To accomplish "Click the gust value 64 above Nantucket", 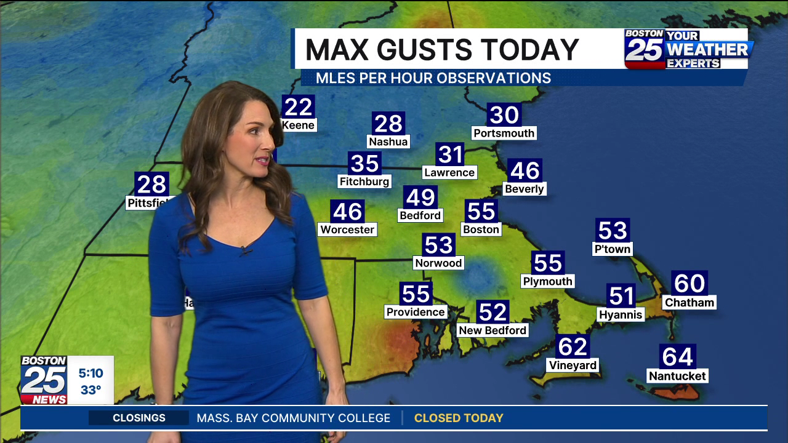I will click(677, 357).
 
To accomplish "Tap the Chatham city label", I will click(689, 303).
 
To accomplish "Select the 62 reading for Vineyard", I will click(573, 347).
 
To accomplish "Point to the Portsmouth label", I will click(504, 134).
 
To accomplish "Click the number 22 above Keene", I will click(299, 107).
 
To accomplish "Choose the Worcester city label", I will click(347, 229).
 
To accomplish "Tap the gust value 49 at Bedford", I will click(420, 198).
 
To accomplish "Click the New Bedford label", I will click(492, 330).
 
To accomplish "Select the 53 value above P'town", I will click(613, 231).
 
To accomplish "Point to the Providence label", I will click(416, 312).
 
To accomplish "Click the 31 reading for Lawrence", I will click(449, 154).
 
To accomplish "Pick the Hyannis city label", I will click(621, 314).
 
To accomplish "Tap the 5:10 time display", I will click(90, 373).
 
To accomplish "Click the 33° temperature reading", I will click(90, 390).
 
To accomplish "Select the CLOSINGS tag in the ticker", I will click(139, 418).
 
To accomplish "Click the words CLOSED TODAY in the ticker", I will click(459, 418).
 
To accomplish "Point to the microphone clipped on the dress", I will click(246, 250).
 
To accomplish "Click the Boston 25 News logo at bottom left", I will click(44, 380).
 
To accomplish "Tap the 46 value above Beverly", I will click(525, 170).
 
